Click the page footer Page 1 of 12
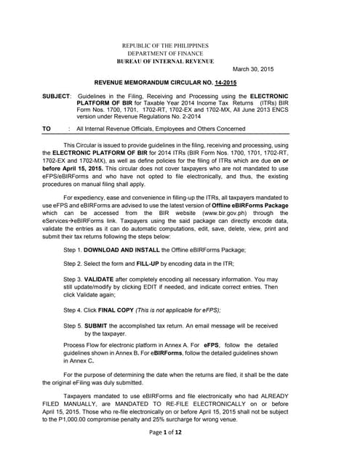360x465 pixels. click(180, 453)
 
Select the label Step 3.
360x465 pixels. click(73, 278)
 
